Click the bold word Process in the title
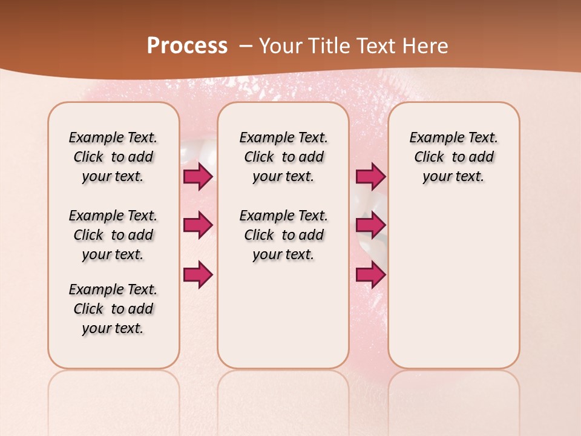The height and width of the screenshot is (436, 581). tap(187, 46)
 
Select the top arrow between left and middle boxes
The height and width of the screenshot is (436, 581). tap(198, 176)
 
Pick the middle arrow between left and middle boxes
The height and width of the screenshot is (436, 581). tap(198, 225)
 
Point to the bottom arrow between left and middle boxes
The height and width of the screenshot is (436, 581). tap(198, 274)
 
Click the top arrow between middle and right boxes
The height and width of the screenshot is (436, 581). tap(370, 176)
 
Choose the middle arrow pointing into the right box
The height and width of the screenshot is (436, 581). tap(370, 225)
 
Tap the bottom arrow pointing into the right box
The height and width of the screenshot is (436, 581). tap(370, 274)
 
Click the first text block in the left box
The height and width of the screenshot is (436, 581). tap(113, 157)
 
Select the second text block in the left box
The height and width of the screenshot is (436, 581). tap(113, 235)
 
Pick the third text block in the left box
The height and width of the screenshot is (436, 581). tap(113, 309)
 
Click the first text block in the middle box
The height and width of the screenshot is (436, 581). tap(283, 157)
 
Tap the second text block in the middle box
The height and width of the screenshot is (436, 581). tap(283, 235)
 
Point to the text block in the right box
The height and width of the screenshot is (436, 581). tap(453, 157)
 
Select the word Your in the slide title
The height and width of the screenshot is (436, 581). tap(278, 46)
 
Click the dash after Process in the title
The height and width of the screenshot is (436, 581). tap(246, 46)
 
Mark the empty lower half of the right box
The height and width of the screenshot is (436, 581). tap(453, 285)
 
